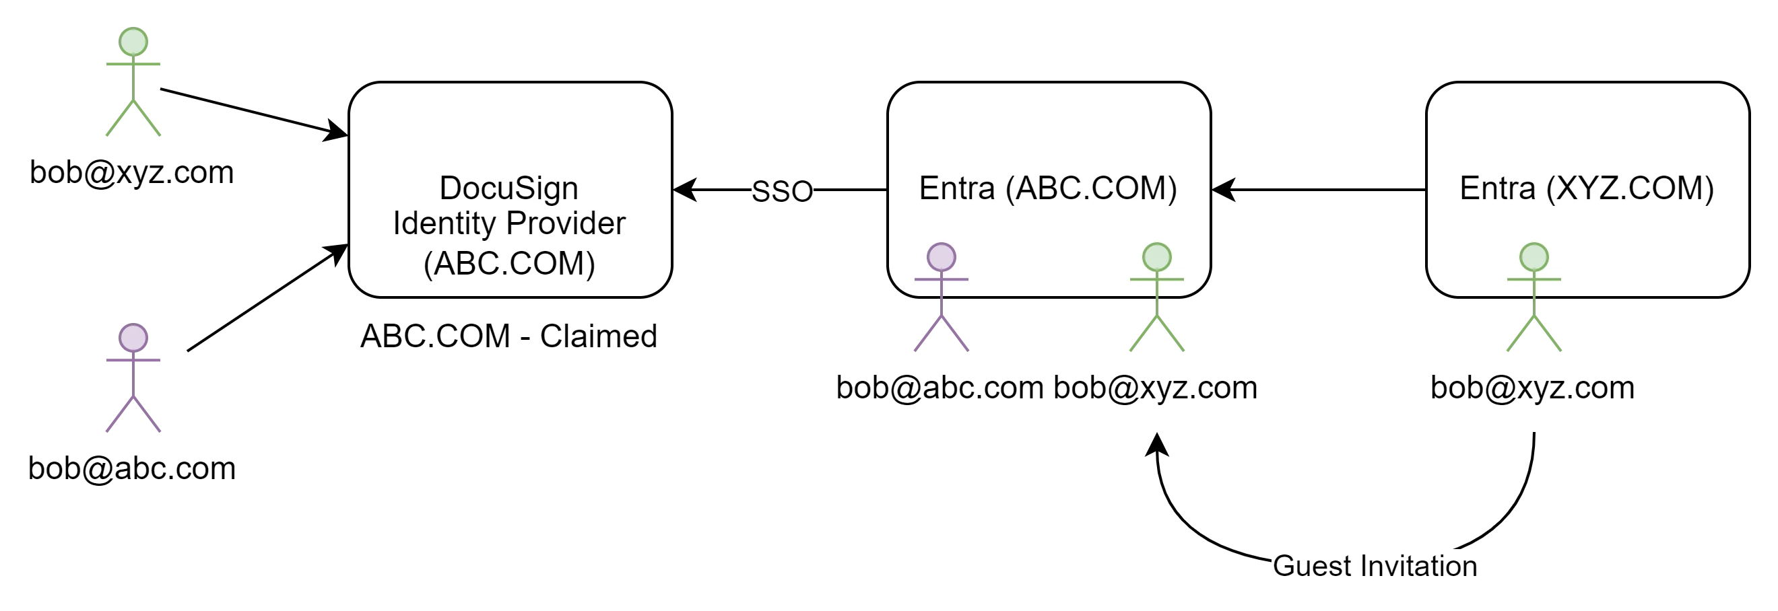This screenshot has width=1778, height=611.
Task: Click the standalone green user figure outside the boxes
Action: pos(132,83)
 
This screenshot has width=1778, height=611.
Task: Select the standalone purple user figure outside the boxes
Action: pos(132,380)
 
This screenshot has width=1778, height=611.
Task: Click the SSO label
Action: pos(782,191)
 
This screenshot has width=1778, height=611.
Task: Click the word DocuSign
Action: pos(508,188)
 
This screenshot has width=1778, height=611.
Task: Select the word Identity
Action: pos(444,223)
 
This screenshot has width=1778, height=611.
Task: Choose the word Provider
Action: pos(566,223)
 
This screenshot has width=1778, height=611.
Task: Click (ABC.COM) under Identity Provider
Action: pos(509,262)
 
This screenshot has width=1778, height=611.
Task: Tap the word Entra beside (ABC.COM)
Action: pos(956,188)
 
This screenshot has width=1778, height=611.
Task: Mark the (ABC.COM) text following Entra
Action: pos(1091,188)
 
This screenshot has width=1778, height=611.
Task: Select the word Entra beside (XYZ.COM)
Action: pos(1497,188)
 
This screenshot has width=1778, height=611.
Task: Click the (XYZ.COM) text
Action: pos(1631,188)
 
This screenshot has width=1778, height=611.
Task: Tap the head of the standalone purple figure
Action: pos(133,338)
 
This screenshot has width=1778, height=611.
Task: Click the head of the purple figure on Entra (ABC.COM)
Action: pos(942,257)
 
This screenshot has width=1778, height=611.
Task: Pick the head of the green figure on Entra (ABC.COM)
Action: pos(1157,257)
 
